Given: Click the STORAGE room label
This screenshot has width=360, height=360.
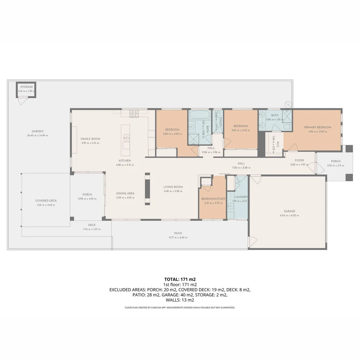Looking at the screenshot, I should (x=26, y=87).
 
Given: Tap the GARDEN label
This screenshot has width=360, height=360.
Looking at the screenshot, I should (x=37, y=131).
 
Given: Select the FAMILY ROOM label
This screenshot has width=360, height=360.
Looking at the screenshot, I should (x=90, y=139).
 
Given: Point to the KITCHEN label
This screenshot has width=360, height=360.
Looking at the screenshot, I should (x=125, y=161).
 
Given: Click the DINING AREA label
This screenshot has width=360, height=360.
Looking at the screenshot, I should (x=125, y=193).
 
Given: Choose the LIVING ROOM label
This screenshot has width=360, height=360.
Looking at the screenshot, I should (x=173, y=187).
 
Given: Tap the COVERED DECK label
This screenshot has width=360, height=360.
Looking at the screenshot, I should (x=46, y=201).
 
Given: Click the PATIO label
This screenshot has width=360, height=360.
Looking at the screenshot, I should (x=178, y=233).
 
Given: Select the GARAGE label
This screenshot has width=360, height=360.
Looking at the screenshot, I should (x=289, y=211).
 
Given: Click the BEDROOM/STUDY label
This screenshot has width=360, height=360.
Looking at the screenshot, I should (x=213, y=199).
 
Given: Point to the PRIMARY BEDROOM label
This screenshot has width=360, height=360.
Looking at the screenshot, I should (x=317, y=127).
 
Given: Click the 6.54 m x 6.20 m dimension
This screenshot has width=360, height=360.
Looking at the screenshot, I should (x=289, y=215).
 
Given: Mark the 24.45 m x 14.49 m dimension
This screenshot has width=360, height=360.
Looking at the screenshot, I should (x=37, y=136).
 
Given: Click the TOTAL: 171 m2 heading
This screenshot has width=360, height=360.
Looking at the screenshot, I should (x=180, y=279).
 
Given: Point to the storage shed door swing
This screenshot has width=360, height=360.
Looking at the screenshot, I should (x=22, y=101).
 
